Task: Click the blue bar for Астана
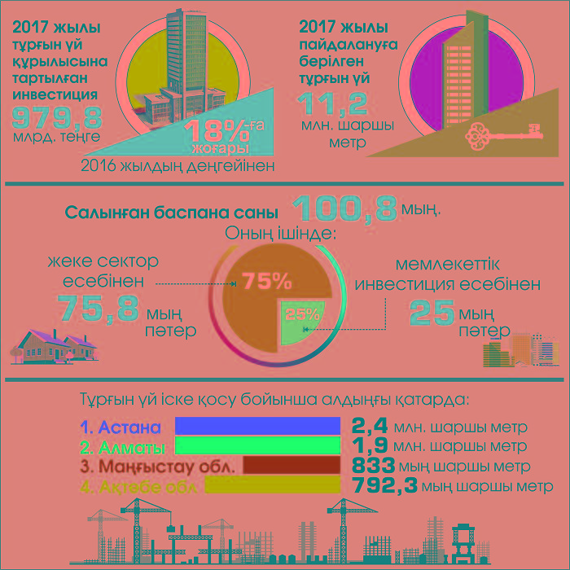257,427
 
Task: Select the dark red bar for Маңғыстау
291,466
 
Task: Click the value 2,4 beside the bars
370,427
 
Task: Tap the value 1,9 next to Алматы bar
370,447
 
